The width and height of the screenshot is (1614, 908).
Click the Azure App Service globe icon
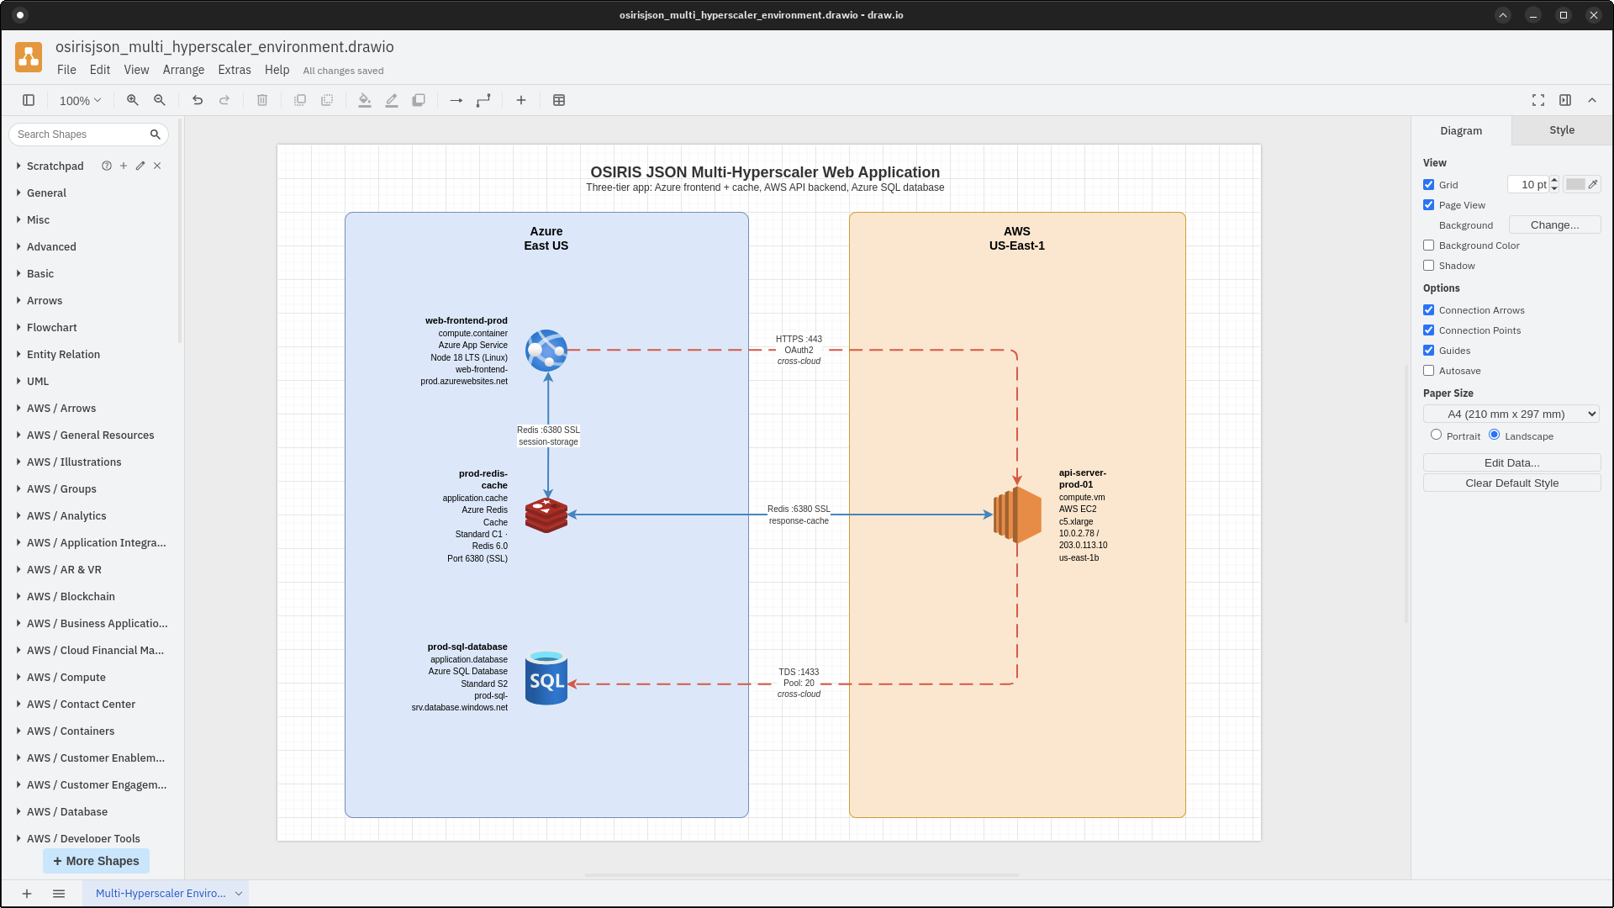546,351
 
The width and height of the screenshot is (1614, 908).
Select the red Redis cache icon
546,515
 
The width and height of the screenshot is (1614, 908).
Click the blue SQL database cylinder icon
546,678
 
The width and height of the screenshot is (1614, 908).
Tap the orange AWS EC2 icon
1017,515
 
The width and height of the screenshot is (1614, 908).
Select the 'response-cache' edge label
799,520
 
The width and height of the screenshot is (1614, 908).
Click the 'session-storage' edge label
548,441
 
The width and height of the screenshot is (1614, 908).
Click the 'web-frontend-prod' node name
466,320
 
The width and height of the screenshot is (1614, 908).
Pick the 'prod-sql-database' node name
467,647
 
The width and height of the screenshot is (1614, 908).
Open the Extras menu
234,70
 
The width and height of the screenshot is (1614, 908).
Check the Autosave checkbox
1428,371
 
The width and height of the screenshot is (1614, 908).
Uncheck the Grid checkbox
1428,185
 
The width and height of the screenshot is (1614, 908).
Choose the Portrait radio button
1436,435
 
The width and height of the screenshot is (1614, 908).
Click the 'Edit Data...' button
1511,462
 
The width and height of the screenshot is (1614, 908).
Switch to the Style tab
1561,130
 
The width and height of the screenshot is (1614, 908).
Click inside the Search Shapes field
81,135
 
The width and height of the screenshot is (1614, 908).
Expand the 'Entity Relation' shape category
63,354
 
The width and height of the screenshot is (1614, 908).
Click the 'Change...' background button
1553,224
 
